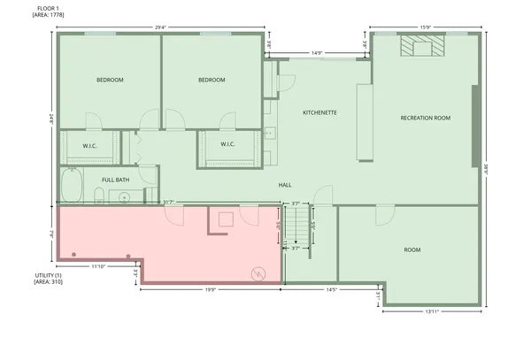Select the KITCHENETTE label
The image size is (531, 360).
tap(319, 113)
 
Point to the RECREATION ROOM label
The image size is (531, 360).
tap(425, 118)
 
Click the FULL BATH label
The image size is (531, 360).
tap(115, 180)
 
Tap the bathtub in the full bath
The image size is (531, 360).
tap(71, 187)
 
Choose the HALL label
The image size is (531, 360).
tap(285, 185)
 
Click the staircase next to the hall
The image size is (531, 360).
tap(302, 226)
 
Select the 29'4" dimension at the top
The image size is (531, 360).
tap(161, 26)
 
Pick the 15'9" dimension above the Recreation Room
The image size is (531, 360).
tap(426, 26)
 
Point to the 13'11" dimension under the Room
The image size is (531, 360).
tap(432, 310)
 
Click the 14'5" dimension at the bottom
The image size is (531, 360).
tap(331, 289)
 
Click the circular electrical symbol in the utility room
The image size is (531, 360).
tap(258, 272)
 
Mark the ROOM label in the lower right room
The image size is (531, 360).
tap(412, 250)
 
